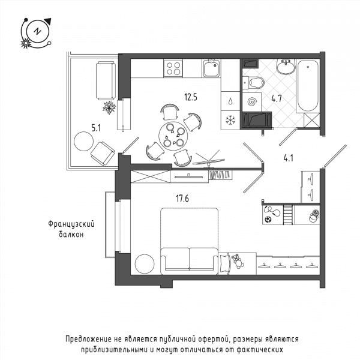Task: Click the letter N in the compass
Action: tap(37, 31)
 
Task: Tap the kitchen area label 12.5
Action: tap(191, 97)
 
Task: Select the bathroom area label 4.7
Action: tap(277, 99)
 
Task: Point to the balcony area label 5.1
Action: tap(96, 128)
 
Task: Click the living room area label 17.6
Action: tap(182, 199)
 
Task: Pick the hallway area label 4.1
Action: tap(289, 158)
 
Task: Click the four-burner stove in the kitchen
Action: tap(173, 68)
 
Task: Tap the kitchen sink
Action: tap(211, 68)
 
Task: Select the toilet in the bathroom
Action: tap(254, 82)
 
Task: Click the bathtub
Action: tap(308, 86)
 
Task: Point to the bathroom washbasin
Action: tap(286, 67)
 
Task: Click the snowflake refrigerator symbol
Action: tap(230, 121)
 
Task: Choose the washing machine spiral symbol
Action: tap(251, 102)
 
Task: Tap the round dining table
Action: tap(173, 136)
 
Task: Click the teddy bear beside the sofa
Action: tap(238, 261)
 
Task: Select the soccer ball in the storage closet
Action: tap(268, 220)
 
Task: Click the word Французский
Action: tap(71, 224)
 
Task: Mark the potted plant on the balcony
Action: tap(109, 107)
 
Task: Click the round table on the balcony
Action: tap(83, 141)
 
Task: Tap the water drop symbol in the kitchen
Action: tap(230, 101)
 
